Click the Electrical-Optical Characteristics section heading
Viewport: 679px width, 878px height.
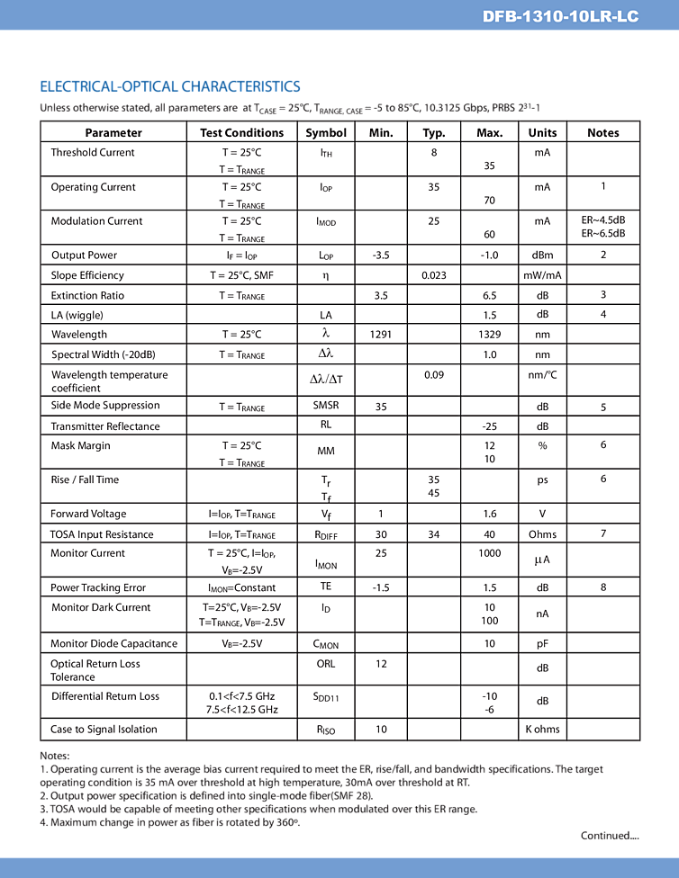170,86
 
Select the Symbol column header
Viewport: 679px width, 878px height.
326,132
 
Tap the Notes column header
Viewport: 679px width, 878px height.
602,132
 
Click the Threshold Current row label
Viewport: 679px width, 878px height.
93,152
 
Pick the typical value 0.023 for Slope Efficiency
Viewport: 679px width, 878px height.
434,275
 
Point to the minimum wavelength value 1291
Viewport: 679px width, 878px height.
381,335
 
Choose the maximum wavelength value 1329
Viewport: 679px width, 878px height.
489,335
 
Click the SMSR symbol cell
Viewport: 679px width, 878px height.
326,406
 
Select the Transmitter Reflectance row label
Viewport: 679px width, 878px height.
105,426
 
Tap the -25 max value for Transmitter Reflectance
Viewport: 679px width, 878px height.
489,426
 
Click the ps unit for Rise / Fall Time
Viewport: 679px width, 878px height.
542,479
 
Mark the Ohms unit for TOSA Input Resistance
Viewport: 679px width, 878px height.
542,534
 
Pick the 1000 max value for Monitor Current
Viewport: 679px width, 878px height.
489,553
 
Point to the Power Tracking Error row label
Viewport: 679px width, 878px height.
98,587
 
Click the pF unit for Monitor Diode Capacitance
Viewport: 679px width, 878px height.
542,643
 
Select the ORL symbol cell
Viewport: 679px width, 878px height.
326,664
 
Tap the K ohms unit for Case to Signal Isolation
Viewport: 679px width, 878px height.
542,730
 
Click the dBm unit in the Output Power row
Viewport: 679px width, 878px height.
542,255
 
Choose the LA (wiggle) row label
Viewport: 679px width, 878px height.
77,315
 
